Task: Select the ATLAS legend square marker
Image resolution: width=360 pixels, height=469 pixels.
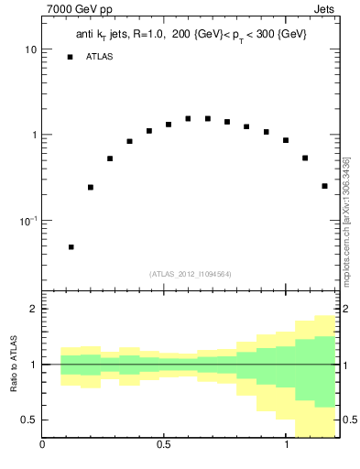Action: tap(70, 57)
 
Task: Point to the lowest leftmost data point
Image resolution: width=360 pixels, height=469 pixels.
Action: tap(71, 246)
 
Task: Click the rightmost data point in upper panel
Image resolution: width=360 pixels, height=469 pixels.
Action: tap(324, 186)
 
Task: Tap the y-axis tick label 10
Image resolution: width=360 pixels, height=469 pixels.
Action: tap(31, 49)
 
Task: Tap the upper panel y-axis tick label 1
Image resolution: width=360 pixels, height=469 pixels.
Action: tap(34, 136)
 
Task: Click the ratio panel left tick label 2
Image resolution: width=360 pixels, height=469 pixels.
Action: tap(33, 309)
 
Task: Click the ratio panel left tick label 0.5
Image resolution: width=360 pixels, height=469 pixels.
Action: tap(29, 420)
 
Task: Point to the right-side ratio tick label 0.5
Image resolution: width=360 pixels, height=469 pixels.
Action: tap(350, 420)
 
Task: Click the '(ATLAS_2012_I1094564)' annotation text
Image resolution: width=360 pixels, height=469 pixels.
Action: tap(191, 274)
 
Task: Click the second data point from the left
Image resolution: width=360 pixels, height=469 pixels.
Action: tap(91, 187)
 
